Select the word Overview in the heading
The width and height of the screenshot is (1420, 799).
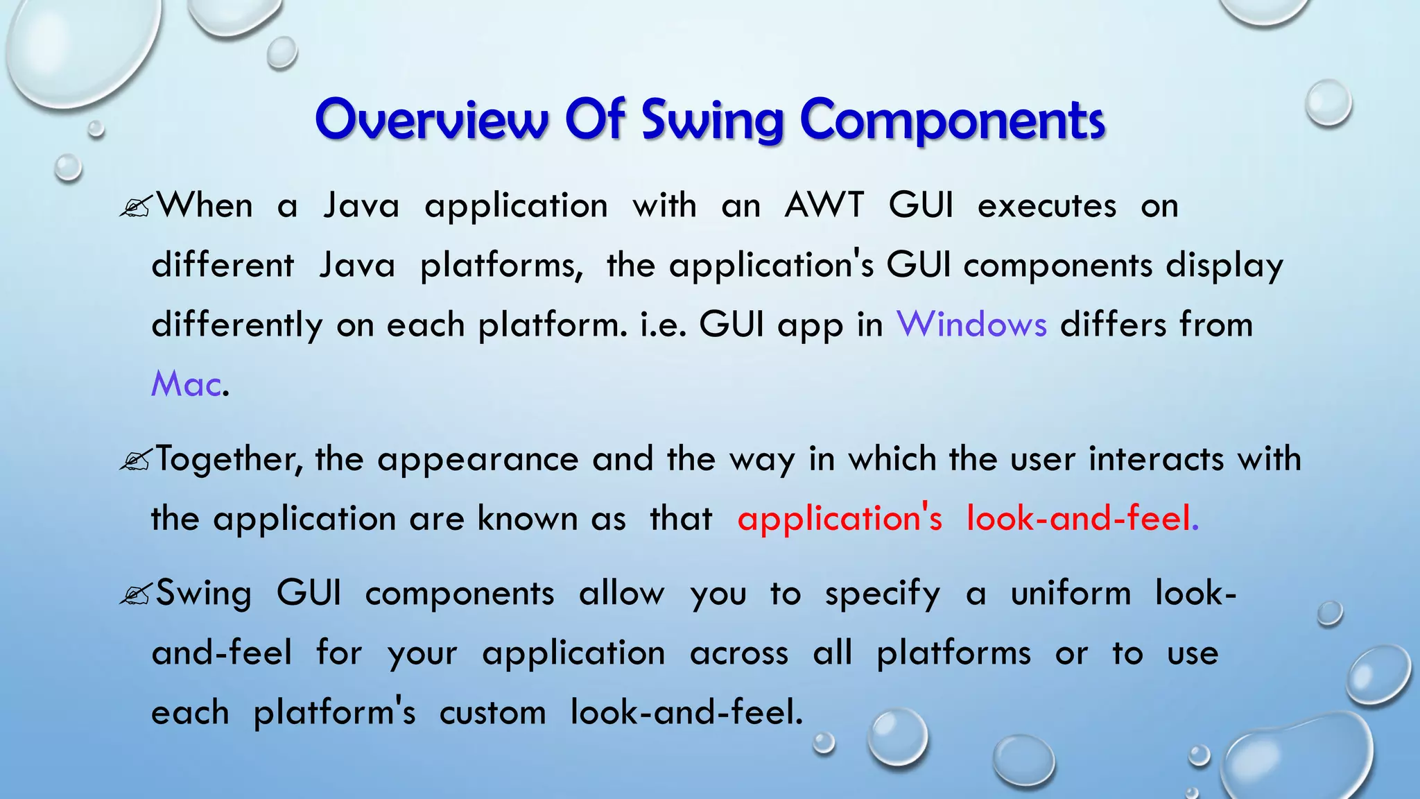pyautogui.click(x=431, y=119)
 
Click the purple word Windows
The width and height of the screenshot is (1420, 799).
pyautogui.click(x=971, y=325)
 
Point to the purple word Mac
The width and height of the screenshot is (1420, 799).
pyautogui.click(x=186, y=384)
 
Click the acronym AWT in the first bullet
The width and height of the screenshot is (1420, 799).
pyautogui.click(x=824, y=206)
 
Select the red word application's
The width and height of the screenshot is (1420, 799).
pyautogui.click(x=840, y=519)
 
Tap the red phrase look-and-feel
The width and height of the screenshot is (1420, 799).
pyautogui.click(x=1079, y=519)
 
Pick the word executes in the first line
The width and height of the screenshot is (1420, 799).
pyautogui.click(x=1047, y=206)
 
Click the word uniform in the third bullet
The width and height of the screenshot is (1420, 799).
pyautogui.click(x=1071, y=594)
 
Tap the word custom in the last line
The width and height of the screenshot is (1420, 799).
pyautogui.click(x=492, y=713)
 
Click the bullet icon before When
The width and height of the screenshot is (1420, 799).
pyautogui.click(x=135, y=207)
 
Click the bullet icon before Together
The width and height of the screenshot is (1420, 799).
pyautogui.click(x=135, y=461)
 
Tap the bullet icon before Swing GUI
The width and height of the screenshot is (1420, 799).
pyautogui.click(x=135, y=595)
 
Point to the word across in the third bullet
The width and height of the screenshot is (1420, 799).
pyautogui.click(x=739, y=653)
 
